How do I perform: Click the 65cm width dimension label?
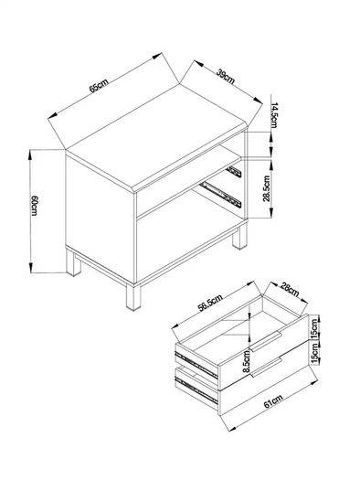pyautogui.click(x=99, y=85)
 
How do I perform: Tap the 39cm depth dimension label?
pyautogui.click(x=226, y=77)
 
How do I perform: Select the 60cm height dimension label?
pyautogui.click(x=34, y=205)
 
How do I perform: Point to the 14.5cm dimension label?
pyautogui.click(x=274, y=115)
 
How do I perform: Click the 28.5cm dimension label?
pyautogui.click(x=267, y=188)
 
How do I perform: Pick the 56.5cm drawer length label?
pyautogui.click(x=210, y=303)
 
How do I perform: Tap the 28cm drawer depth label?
pyautogui.click(x=290, y=290)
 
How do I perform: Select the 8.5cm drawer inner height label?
pyautogui.click(x=247, y=362)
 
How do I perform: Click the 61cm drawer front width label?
pyautogui.click(x=273, y=401)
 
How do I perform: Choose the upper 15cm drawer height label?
pyautogui.click(x=314, y=328)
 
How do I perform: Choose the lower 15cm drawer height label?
pyautogui.click(x=314, y=354)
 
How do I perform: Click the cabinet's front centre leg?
pyautogui.click(x=133, y=297)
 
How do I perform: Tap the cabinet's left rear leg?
pyautogui.click(x=73, y=263)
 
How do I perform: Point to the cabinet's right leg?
pyautogui.click(x=239, y=237)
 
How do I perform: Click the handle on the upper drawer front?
pyautogui.click(x=266, y=341)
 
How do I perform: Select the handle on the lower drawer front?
pyautogui.click(x=267, y=367)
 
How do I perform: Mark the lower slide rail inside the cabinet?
pyautogui.click(x=221, y=195)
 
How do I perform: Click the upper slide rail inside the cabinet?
pyautogui.click(x=234, y=172)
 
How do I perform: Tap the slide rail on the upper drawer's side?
pyautogui.click(x=196, y=365)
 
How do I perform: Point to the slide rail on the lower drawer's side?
pyautogui.click(x=196, y=390)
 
